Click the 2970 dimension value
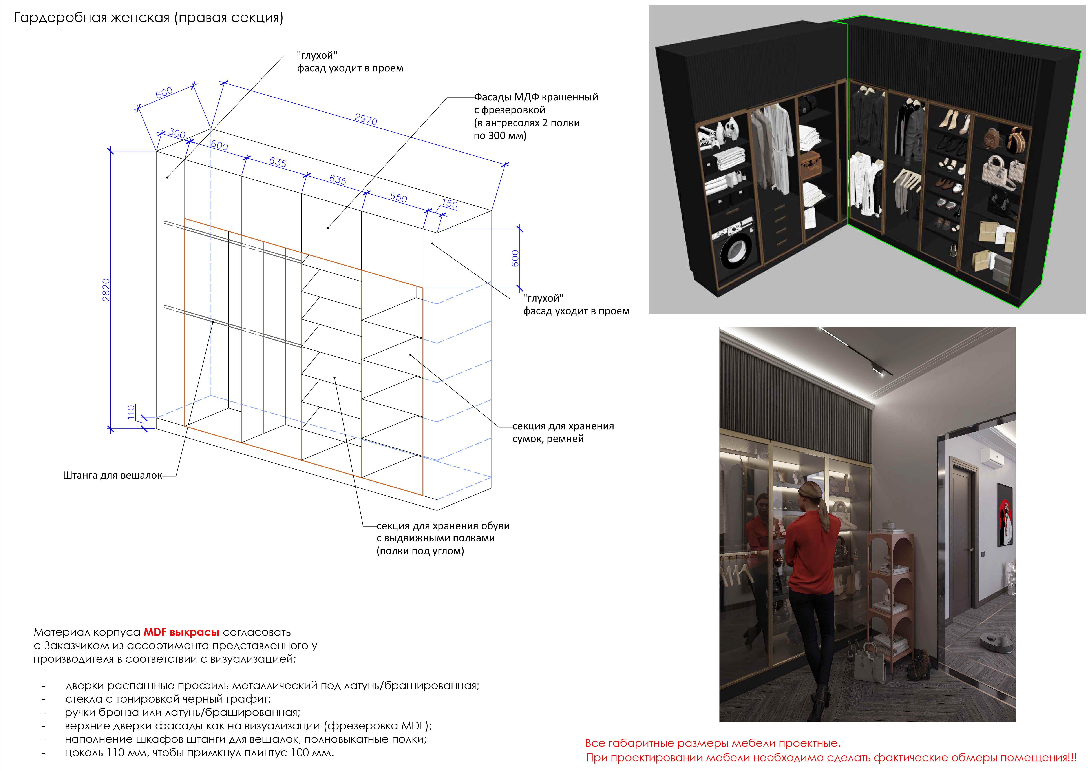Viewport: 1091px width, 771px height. (x=366, y=119)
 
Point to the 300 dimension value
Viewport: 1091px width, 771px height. (x=177, y=133)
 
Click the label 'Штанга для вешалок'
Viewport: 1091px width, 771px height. (x=113, y=476)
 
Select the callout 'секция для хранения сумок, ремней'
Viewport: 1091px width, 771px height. (x=563, y=432)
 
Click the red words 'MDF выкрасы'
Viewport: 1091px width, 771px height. (x=181, y=632)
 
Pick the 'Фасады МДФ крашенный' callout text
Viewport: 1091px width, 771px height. (x=536, y=97)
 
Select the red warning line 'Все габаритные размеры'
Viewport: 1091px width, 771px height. (x=713, y=743)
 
